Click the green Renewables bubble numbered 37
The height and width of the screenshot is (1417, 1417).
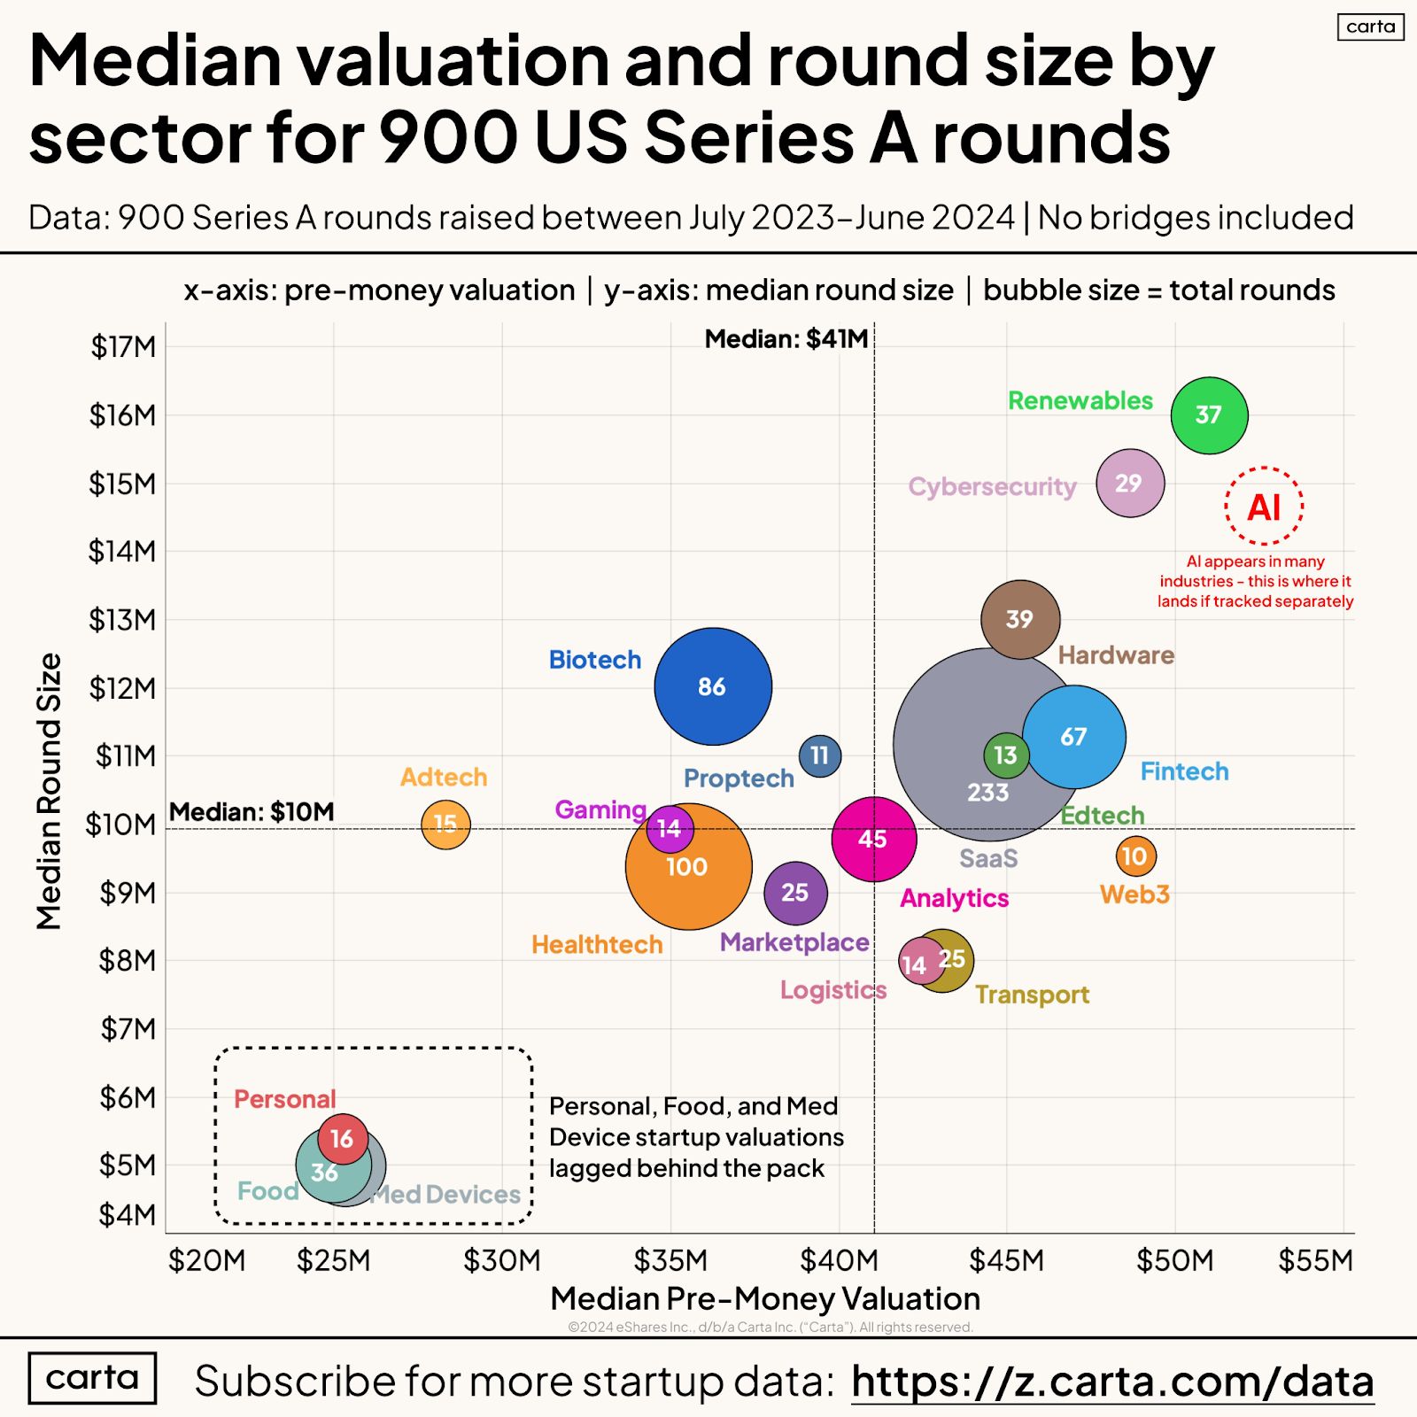pyautogui.click(x=1209, y=415)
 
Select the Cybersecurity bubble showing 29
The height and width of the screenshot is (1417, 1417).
pyautogui.click(x=1130, y=483)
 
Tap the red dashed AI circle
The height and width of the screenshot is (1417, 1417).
pyautogui.click(x=1264, y=507)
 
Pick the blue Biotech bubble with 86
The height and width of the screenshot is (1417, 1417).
pyautogui.click(x=713, y=686)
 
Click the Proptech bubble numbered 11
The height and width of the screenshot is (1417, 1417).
pyautogui.click(x=820, y=755)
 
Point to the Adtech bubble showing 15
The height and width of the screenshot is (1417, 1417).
pyautogui.click(x=445, y=825)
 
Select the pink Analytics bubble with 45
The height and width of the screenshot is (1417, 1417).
pyautogui.click(x=873, y=839)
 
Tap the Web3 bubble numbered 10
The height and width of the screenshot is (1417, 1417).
pyautogui.click(x=1135, y=856)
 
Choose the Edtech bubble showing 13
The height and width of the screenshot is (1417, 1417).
pyautogui.click(x=1006, y=755)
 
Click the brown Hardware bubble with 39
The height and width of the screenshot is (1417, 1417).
pyautogui.click(x=1020, y=619)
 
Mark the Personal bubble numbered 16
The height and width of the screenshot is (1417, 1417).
pyautogui.click(x=343, y=1139)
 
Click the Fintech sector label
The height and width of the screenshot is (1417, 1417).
pyautogui.click(x=1184, y=771)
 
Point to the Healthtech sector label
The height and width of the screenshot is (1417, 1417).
pyautogui.click(x=597, y=945)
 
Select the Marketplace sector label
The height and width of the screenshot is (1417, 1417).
pyautogui.click(x=794, y=942)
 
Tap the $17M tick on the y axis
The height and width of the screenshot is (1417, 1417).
pyautogui.click(x=123, y=347)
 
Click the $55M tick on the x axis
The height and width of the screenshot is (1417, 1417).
pyautogui.click(x=1315, y=1260)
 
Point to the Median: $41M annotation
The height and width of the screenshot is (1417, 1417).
pyautogui.click(x=786, y=339)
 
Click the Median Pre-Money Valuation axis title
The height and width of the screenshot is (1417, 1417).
pyautogui.click(x=765, y=1298)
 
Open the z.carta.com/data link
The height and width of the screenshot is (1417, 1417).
pyautogui.click(x=1112, y=1382)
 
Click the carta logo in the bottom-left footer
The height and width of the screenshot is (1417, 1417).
pyautogui.click(x=92, y=1378)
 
